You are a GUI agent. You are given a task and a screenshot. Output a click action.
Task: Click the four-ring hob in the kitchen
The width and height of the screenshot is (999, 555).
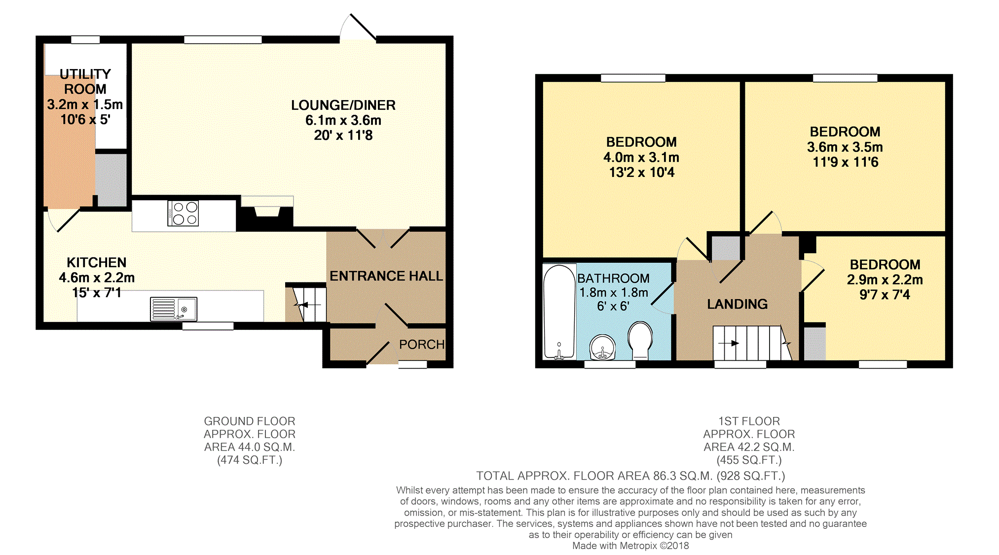pyautogui.click(x=183, y=213)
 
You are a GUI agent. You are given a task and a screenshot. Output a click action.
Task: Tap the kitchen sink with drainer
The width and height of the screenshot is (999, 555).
pyautogui.click(x=174, y=309)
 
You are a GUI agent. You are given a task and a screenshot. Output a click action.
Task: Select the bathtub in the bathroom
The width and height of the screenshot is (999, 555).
pyautogui.click(x=559, y=312)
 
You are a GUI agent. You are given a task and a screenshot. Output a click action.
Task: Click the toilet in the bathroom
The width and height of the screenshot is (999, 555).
pyautogui.click(x=640, y=340)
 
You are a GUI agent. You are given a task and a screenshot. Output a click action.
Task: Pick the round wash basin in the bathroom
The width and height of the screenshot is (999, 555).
pyautogui.click(x=602, y=347)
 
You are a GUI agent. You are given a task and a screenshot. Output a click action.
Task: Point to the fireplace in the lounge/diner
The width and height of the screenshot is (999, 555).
pyautogui.click(x=267, y=212)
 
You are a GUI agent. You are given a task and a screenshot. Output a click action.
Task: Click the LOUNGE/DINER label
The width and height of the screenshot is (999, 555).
pyautogui.click(x=343, y=105)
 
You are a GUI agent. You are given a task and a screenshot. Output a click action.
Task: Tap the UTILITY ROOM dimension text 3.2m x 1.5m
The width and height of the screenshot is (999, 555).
pyautogui.click(x=85, y=104)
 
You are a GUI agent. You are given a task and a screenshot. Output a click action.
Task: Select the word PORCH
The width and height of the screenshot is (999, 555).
pyautogui.click(x=422, y=345)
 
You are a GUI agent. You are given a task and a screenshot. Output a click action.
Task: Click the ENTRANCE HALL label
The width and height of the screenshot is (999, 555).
pyautogui.click(x=386, y=276)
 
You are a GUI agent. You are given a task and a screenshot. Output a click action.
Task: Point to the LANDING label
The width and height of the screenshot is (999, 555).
pyautogui.click(x=738, y=304)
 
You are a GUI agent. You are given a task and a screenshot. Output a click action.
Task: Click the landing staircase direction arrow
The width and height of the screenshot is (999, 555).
pyautogui.click(x=729, y=343)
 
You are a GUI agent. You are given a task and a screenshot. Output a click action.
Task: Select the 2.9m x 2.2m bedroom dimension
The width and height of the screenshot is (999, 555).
pyautogui.click(x=885, y=279)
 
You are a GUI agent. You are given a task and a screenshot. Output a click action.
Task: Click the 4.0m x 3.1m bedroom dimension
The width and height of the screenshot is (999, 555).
pyautogui.click(x=641, y=157)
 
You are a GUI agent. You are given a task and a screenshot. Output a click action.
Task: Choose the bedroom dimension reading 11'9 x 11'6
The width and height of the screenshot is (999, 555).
pyautogui.click(x=845, y=162)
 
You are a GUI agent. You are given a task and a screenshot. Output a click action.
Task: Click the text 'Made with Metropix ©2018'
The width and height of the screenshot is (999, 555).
pyautogui.click(x=630, y=546)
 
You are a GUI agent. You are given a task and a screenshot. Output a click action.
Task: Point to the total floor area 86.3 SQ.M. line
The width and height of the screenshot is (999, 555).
pyautogui.click(x=630, y=476)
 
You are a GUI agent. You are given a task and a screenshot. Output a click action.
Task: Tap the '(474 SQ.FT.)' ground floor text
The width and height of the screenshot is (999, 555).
pyautogui.click(x=250, y=460)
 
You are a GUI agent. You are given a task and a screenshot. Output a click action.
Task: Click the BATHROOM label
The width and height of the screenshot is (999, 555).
pyautogui.click(x=613, y=278)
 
